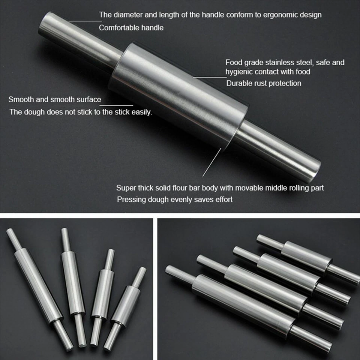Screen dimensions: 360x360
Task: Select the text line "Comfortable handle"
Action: pos(131,28)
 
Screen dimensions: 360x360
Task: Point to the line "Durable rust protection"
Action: pos(264,83)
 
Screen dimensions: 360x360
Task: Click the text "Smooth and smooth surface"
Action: pos(55,100)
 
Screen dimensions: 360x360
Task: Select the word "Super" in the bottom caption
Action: pos(125,188)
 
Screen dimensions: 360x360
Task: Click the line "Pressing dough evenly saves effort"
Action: pos(174,199)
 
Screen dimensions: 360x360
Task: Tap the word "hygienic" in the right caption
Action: pos(241,71)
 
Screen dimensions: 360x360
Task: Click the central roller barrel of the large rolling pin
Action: pos(180,94)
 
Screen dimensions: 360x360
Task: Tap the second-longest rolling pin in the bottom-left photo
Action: pos(73,285)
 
